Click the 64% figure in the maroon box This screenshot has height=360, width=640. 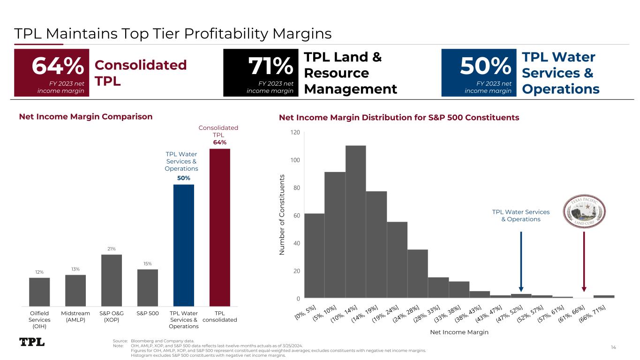[58, 67]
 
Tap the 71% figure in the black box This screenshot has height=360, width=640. [271, 67]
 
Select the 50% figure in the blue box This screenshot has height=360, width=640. [485, 67]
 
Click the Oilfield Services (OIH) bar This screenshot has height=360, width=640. [39, 292]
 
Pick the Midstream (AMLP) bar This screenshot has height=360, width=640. [75, 290]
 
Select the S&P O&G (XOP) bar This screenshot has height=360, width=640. [112, 280]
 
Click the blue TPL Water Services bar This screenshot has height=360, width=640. [184, 245]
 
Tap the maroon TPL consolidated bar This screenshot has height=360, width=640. [220, 227]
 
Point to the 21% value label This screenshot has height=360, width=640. [112, 248]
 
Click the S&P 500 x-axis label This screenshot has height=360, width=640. [148, 313]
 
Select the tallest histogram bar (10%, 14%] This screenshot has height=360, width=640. [355, 222]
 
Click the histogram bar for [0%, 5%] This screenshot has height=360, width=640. [314, 255]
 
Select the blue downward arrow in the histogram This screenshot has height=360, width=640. [521, 262]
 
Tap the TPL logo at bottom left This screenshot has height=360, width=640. [32, 342]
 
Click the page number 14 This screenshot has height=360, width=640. [614, 347]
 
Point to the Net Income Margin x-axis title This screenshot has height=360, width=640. [459, 332]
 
